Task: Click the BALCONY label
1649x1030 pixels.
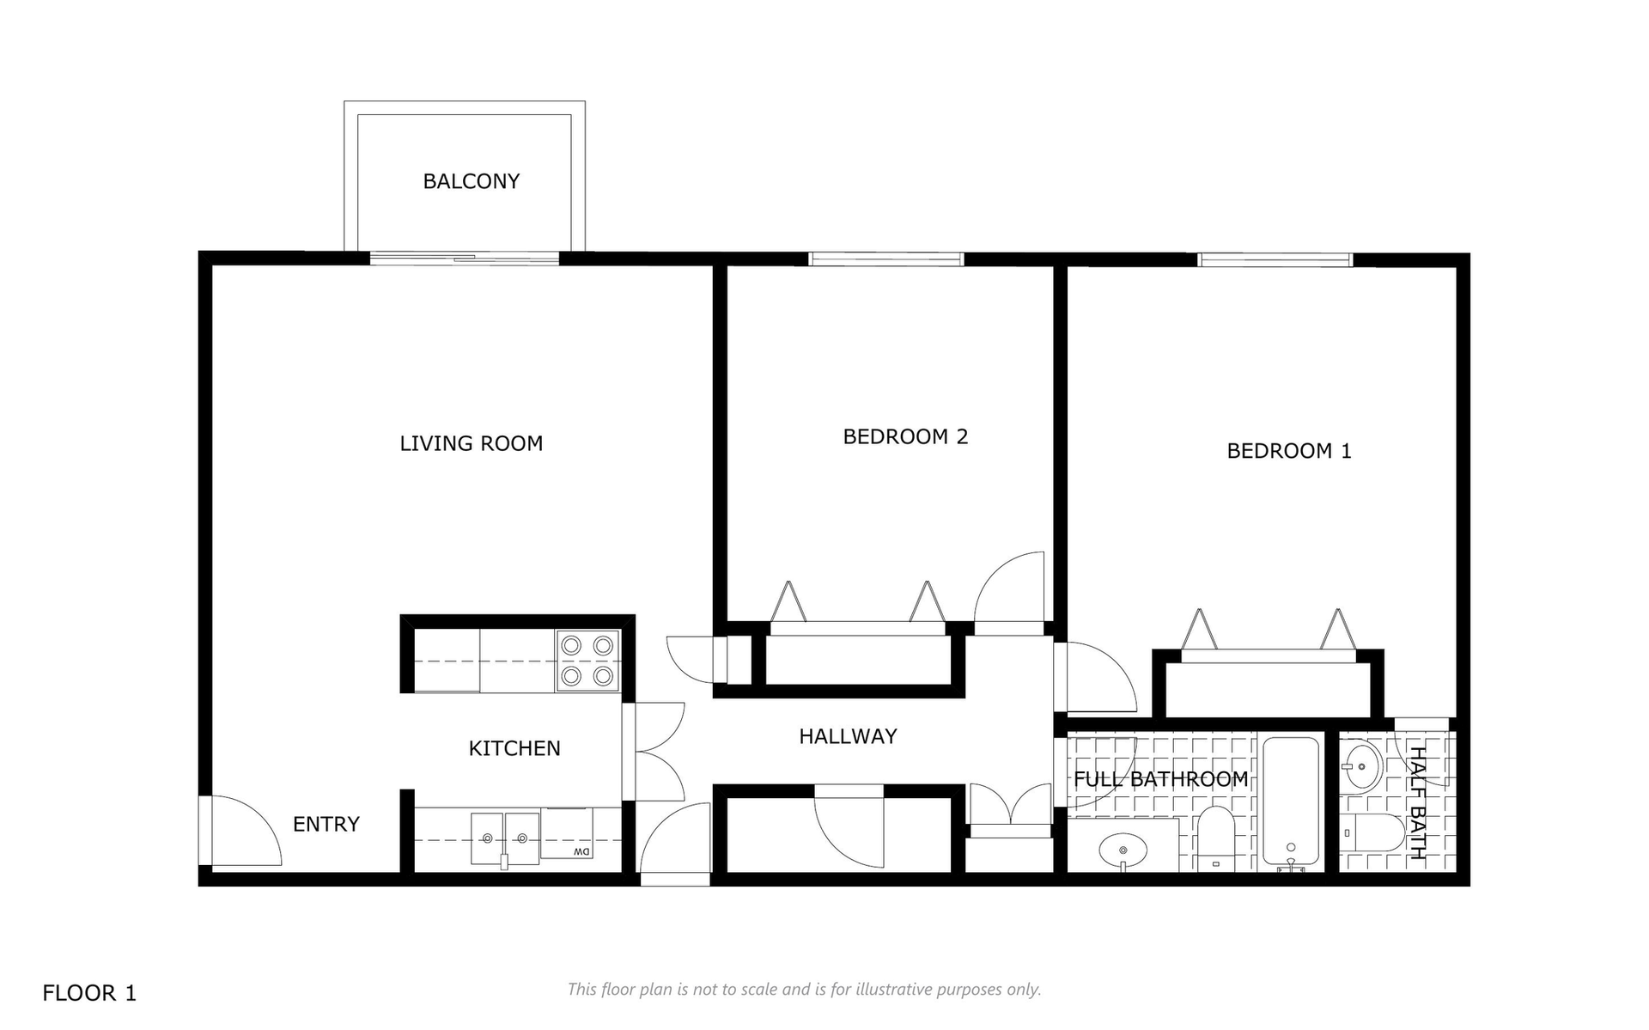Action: point(471,181)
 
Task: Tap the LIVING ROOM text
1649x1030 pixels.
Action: point(471,443)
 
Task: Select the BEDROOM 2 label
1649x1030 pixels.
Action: point(905,436)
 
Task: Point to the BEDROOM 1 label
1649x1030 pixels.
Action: point(1289,451)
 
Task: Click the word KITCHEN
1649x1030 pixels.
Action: point(514,748)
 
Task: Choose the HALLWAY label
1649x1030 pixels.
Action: point(848,736)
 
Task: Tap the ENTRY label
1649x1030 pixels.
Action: point(326,824)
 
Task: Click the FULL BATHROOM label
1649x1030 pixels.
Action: point(1161,779)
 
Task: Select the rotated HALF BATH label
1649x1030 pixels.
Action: point(1417,803)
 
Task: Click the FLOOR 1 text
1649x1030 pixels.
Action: point(89,993)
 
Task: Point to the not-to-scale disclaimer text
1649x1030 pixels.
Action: point(804,990)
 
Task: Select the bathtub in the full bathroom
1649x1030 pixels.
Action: point(1291,801)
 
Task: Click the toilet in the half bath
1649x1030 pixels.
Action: point(1373,832)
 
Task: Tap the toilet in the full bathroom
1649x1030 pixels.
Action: point(1215,837)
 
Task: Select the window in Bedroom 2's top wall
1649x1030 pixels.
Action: point(886,259)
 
